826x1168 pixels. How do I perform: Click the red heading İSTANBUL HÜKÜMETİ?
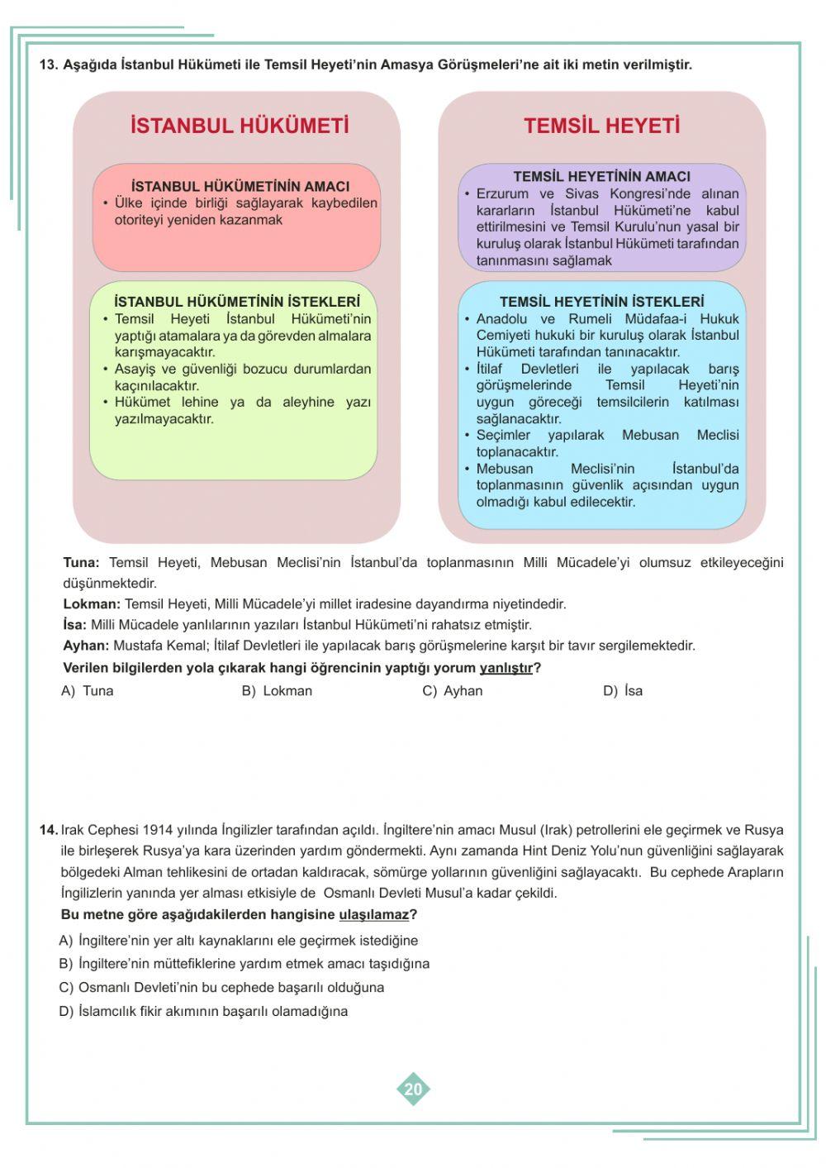pos(240,126)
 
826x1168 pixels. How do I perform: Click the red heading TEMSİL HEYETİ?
pos(601,126)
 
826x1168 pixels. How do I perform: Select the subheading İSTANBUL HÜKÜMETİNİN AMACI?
pos(240,187)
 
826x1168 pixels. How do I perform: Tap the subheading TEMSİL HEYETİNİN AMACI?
pos(601,177)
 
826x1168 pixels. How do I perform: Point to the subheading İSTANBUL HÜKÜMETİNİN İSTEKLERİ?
pos(237,303)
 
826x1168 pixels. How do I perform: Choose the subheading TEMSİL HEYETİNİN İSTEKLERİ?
pos(601,303)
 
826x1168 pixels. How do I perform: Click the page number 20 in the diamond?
pos(413,1089)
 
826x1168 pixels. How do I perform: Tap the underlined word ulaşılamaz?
pos(373,915)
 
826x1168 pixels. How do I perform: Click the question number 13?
pos(49,64)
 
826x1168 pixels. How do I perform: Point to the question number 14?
pos(48,830)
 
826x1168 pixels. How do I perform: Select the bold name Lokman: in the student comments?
pos(92,604)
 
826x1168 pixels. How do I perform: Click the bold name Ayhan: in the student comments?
pos(86,646)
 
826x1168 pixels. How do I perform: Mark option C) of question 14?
pos(221,988)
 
